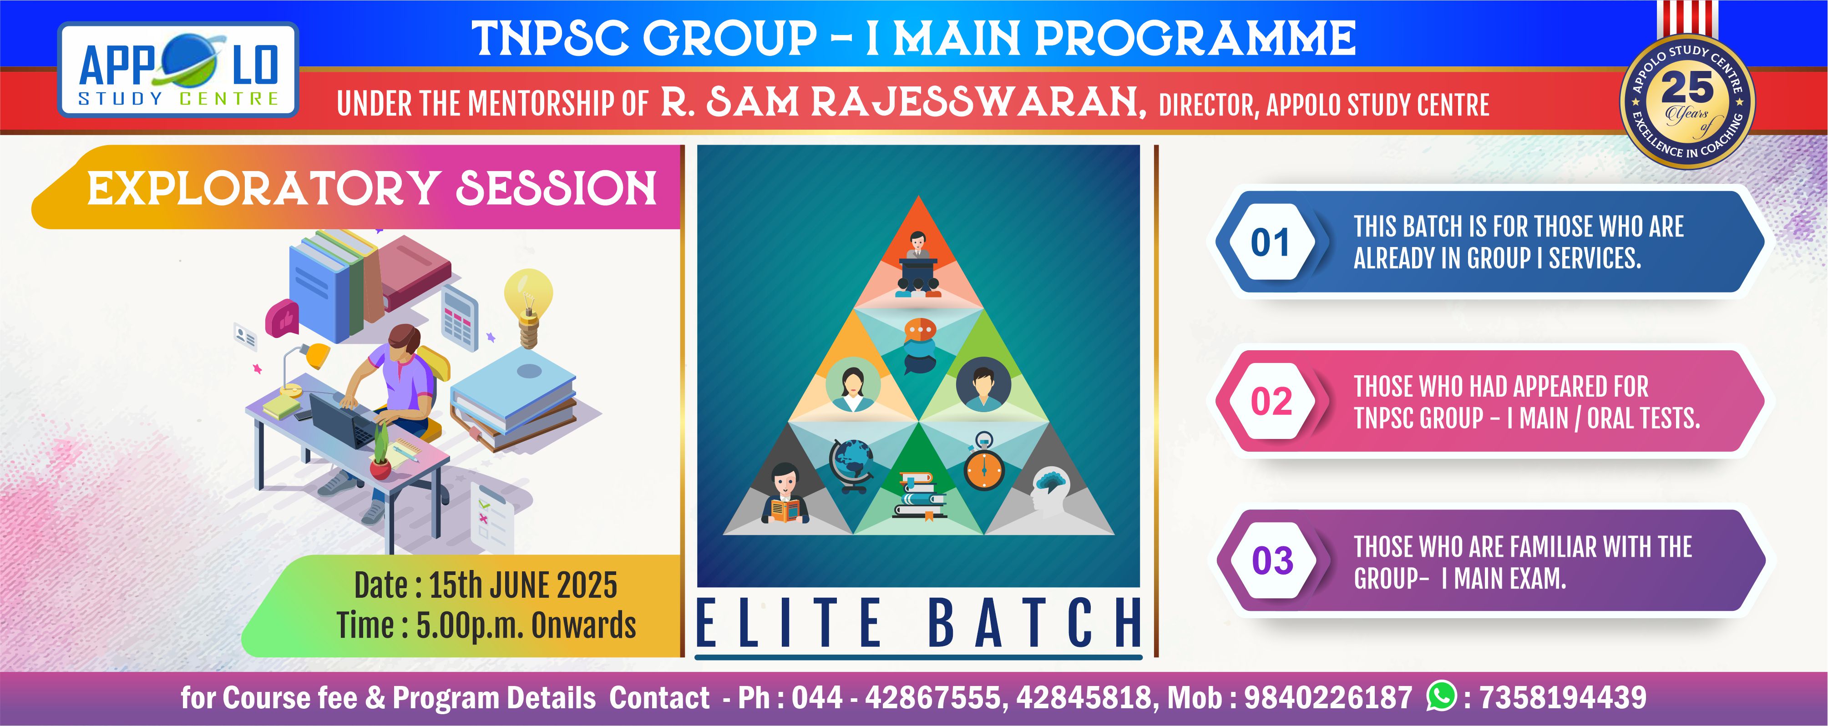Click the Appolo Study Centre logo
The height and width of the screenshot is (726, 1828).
(177, 70)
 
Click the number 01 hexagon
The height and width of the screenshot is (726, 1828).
(1270, 242)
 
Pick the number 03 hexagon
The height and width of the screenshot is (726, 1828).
(1271, 560)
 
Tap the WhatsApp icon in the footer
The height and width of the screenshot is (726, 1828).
(1441, 696)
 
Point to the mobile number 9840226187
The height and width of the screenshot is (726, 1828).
(1328, 698)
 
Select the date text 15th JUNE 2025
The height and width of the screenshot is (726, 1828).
(523, 586)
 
